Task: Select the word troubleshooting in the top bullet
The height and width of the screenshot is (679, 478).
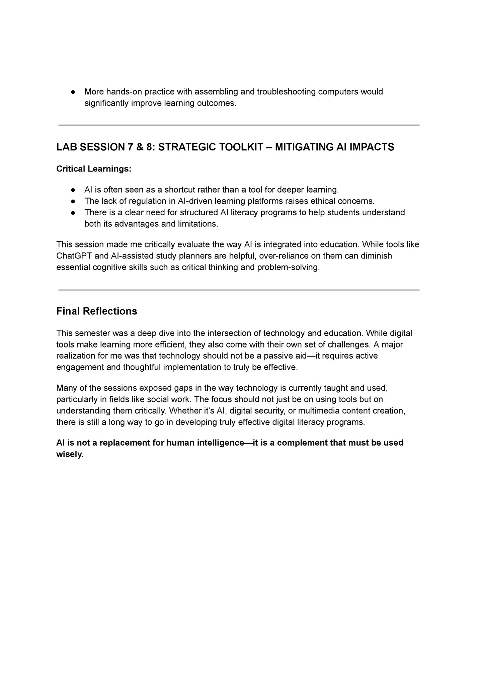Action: tap(286, 92)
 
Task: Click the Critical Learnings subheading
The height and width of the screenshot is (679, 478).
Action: tap(94, 169)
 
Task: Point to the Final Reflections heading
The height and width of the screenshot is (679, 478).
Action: tap(97, 311)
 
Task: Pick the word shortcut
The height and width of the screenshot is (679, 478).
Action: tap(180, 190)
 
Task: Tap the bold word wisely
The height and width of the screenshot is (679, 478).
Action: tap(69, 454)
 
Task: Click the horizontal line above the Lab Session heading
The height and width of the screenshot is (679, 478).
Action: tap(239, 125)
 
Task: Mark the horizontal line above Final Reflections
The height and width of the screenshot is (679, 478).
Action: tap(239, 290)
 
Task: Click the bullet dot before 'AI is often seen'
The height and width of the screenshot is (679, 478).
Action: tap(73, 190)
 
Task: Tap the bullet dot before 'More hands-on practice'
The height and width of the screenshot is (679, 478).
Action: tap(73, 92)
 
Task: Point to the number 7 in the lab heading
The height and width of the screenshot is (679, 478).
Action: tap(131, 147)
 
